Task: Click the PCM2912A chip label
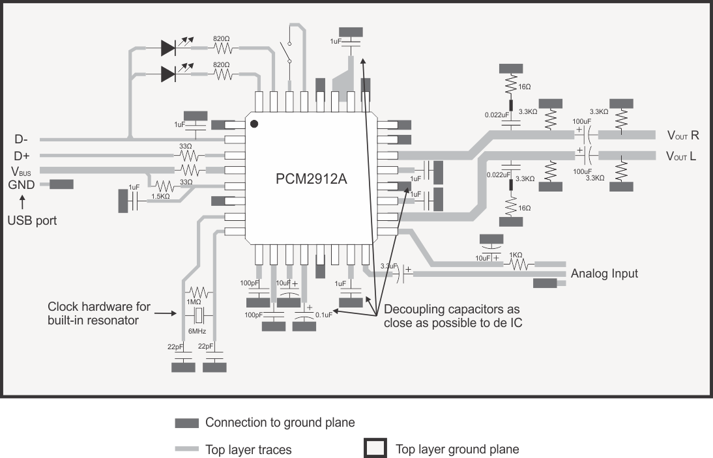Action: [x=311, y=179]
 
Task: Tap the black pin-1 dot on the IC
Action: [x=255, y=123]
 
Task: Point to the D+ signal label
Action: [x=22, y=156]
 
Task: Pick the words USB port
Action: [x=32, y=220]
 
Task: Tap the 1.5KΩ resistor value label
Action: [x=160, y=195]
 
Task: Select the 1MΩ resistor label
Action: [x=194, y=302]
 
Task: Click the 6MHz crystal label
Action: [x=197, y=331]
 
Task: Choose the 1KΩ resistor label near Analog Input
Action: [x=516, y=255]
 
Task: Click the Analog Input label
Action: [x=604, y=274]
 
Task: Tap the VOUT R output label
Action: [x=682, y=136]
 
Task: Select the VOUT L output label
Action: [x=682, y=156]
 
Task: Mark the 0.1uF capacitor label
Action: [x=323, y=315]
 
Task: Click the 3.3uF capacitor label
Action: [x=388, y=266]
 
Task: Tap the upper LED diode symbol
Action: [x=168, y=48]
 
